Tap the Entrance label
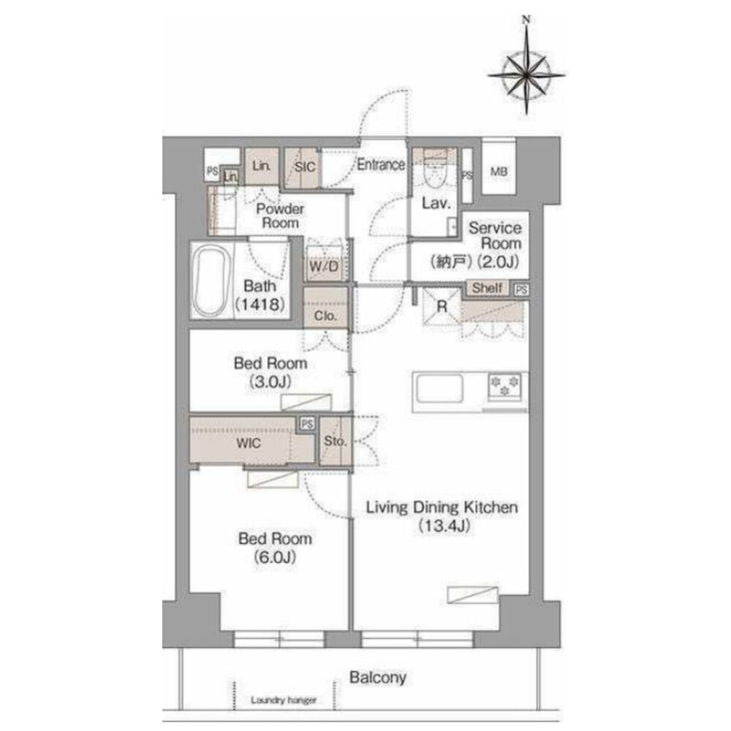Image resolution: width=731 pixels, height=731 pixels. click(x=381, y=164)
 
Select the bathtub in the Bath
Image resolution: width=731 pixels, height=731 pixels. click(x=211, y=281)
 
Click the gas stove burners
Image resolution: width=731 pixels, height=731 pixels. click(x=504, y=386)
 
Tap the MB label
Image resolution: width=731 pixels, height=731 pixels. click(x=499, y=172)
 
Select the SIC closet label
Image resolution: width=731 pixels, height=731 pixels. click(x=305, y=167)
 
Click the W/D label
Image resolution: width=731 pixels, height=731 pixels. click(x=324, y=267)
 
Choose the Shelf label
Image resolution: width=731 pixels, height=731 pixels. click(x=487, y=287)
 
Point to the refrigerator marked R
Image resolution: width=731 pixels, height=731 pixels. click(x=442, y=306)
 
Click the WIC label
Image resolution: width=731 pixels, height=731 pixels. click(x=248, y=442)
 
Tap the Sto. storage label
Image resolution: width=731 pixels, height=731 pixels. click(x=335, y=441)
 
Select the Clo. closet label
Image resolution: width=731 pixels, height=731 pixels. click(x=325, y=316)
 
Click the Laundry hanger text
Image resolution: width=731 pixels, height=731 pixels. click(x=284, y=700)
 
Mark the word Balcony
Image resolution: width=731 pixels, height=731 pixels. click(x=378, y=678)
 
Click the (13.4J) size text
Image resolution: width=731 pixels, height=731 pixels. click(x=444, y=526)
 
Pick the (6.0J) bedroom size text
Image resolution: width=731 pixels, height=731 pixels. click(x=275, y=556)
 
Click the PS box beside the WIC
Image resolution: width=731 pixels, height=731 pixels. click(x=307, y=424)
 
